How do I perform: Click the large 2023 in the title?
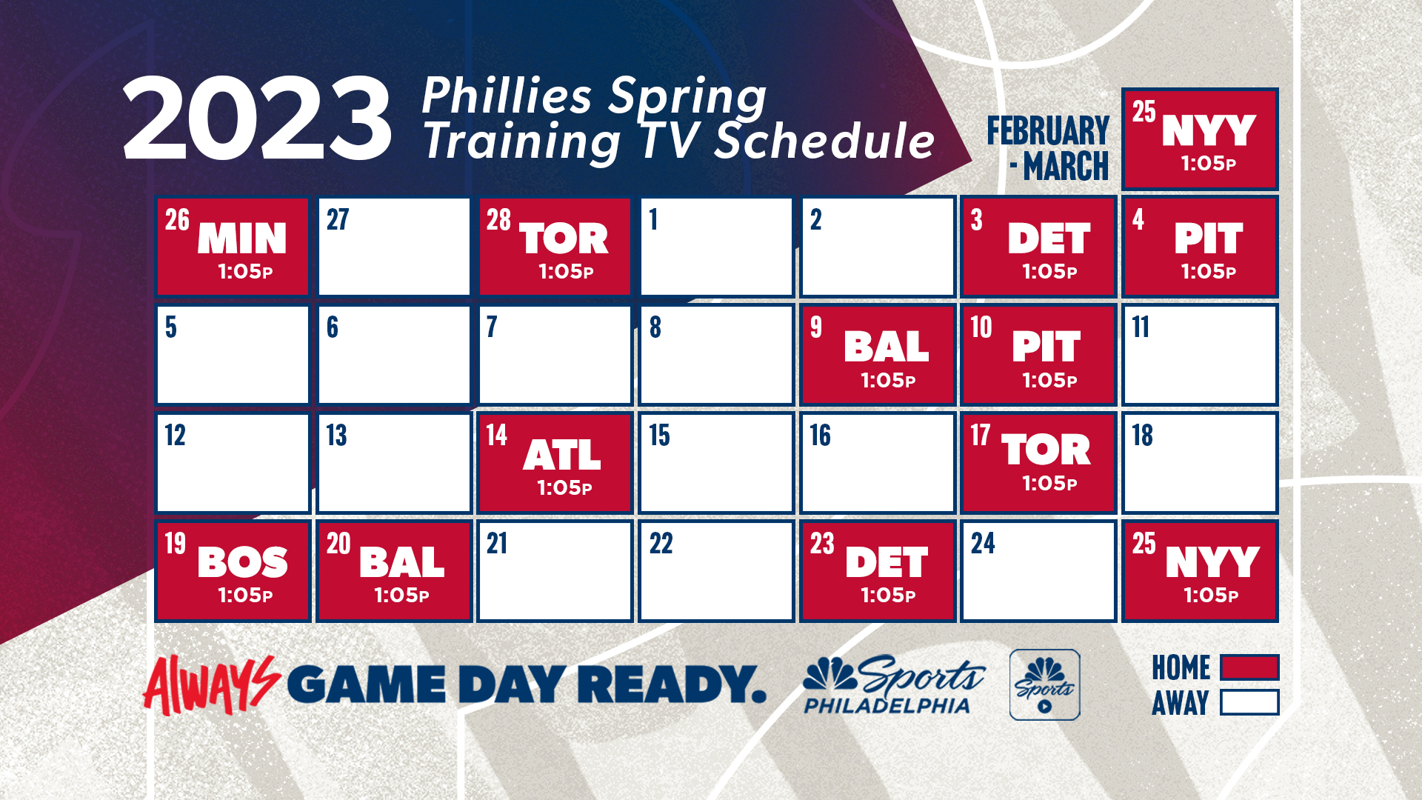tap(257, 119)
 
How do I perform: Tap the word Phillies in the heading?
tap(507, 96)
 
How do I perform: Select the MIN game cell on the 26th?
tap(233, 247)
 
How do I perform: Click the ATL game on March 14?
tap(555, 463)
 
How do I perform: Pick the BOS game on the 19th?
tap(233, 571)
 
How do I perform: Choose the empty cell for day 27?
tap(394, 247)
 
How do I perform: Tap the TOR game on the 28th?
tap(555, 247)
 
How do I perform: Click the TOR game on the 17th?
tap(1038, 463)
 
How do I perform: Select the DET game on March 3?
tap(1038, 247)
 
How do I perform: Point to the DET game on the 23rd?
tap(878, 571)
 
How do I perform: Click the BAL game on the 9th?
tap(878, 355)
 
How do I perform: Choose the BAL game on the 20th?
tap(394, 571)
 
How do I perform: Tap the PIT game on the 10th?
tap(1038, 355)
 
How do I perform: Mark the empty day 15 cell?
tap(716, 463)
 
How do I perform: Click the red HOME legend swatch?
tap(1249, 667)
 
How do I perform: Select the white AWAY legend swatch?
tap(1249, 702)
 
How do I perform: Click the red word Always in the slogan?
tap(211, 685)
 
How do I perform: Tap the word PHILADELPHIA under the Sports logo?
tap(887, 706)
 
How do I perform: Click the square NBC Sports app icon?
tap(1044, 684)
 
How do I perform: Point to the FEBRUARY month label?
tap(1048, 131)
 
